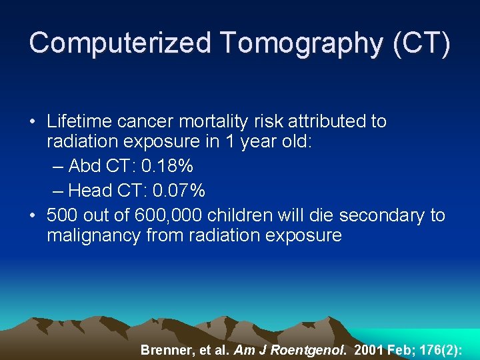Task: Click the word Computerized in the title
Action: [119, 43]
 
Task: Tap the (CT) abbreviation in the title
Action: [422, 43]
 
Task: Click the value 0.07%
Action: [179, 191]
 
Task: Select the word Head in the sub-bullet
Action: [89, 191]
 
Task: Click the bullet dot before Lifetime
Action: [33, 122]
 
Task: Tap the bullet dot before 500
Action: [33, 215]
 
